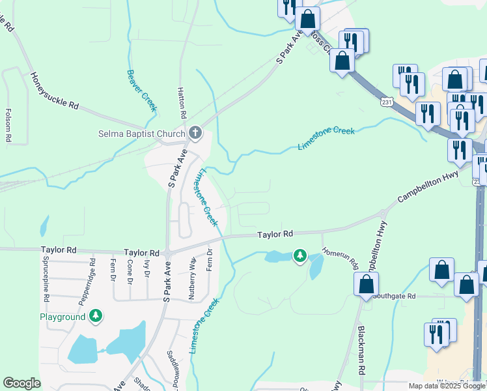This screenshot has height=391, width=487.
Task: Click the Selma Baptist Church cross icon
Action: [194, 134]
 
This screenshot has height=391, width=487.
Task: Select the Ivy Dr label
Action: [147, 268]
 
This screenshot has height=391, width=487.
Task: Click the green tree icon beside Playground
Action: [96, 316]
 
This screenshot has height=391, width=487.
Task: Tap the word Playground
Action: [63, 317]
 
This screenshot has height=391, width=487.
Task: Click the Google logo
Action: [21, 383]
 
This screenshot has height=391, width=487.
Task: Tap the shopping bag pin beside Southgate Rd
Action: [367, 283]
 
